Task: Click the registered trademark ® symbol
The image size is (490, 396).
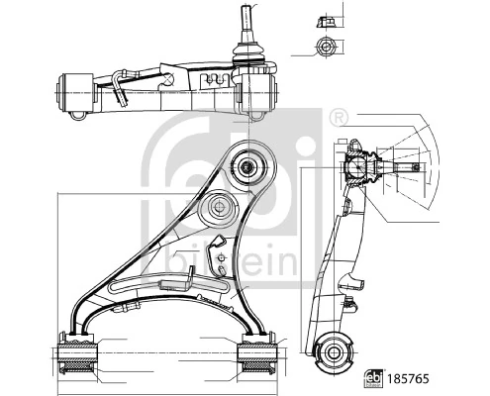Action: (339, 118)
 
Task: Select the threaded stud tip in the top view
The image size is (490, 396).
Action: (245, 12)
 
